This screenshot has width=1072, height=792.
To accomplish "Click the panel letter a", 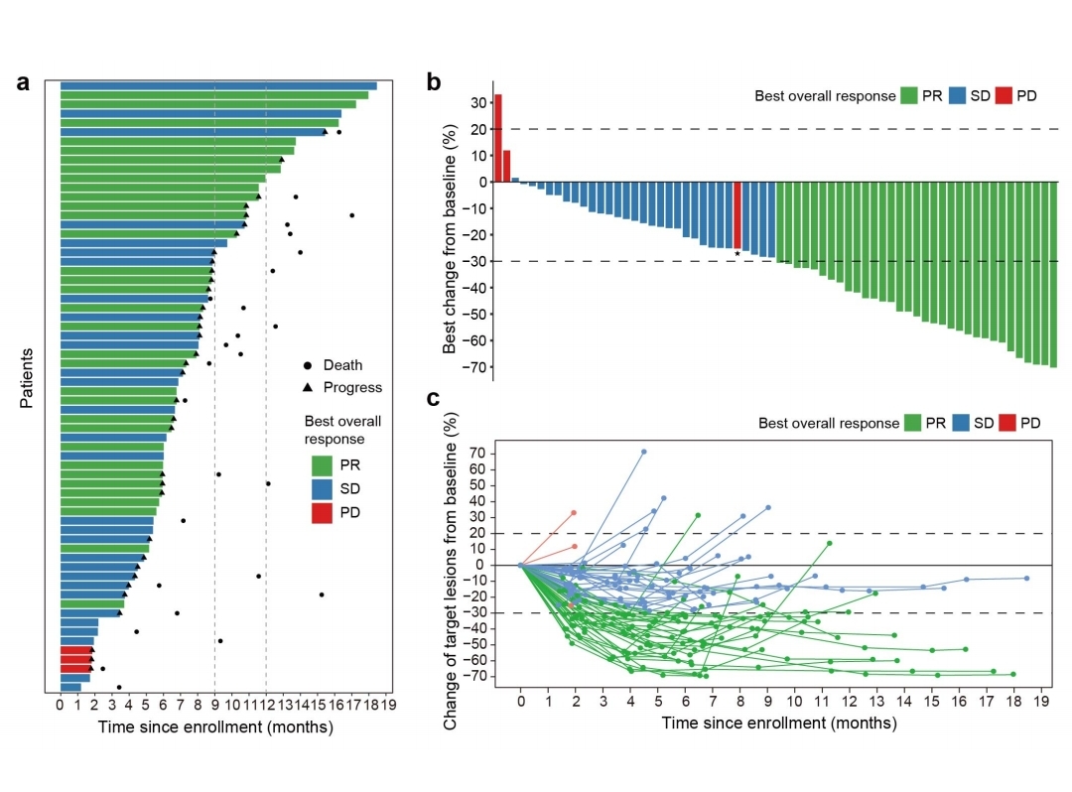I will [25, 83].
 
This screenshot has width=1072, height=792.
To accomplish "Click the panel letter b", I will [434, 82].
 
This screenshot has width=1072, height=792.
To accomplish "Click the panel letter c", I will [434, 399].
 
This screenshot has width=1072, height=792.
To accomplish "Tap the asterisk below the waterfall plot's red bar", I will [737, 255].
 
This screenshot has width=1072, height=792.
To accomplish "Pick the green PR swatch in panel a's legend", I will [322, 465].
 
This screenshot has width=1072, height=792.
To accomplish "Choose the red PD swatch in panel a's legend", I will [322, 512].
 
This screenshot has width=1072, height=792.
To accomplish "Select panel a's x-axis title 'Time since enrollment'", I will [214, 726].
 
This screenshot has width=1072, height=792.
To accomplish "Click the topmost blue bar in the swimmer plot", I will [218, 85].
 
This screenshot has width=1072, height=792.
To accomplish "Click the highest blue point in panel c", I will [643, 452].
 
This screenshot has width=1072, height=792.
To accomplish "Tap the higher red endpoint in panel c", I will [574, 513].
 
